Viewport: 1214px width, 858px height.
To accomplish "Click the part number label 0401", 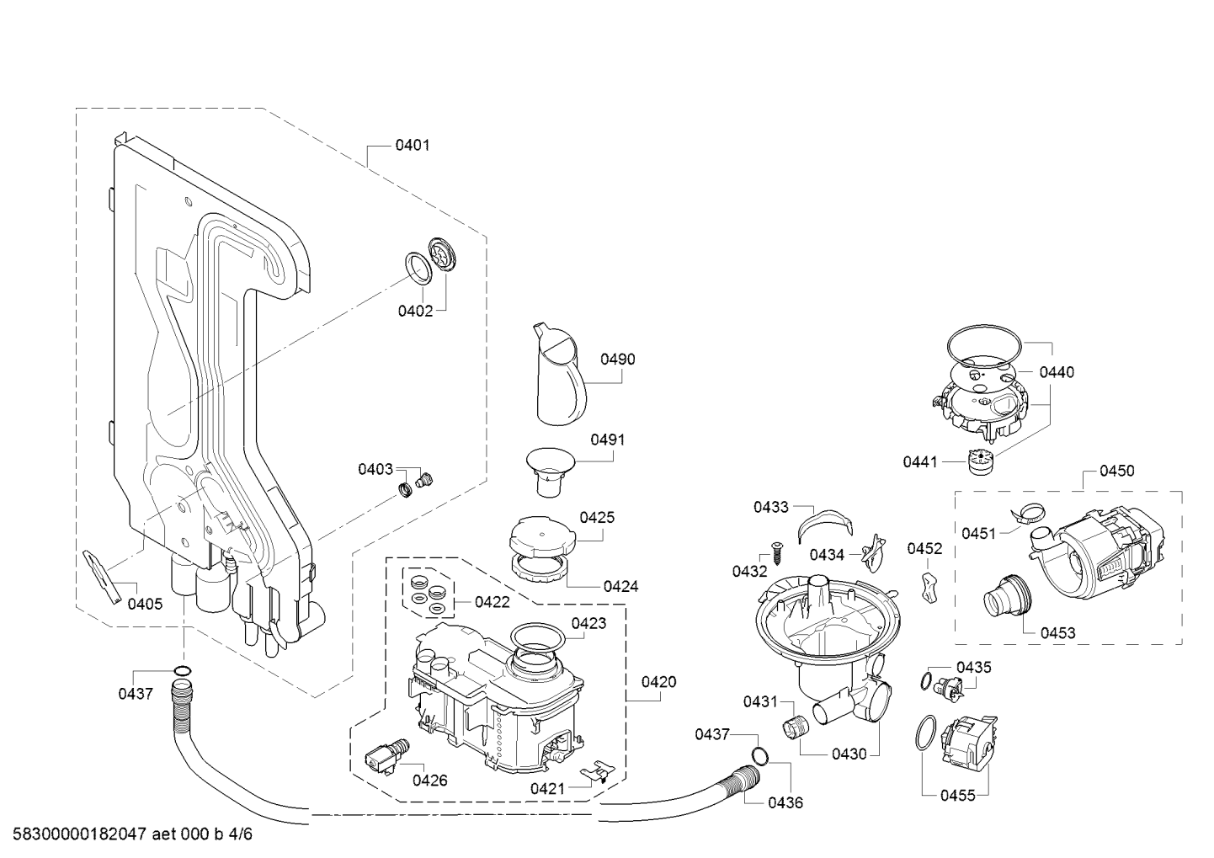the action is click(x=412, y=146).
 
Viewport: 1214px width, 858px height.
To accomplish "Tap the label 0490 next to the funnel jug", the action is click(x=617, y=360).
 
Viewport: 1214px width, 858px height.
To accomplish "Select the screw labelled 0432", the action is click(x=776, y=552).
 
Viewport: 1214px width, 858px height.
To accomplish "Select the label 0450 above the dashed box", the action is click(x=1116, y=471).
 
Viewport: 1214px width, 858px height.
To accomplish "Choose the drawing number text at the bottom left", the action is click(x=132, y=834).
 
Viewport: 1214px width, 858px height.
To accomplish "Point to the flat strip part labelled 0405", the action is click(x=102, y=577).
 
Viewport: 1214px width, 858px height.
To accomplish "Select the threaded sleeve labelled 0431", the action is click(x=796, y=726).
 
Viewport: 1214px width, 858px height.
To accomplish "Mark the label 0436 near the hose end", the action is click(x=785, y=802).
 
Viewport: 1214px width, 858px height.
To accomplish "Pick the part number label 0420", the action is click(x=658, y=682).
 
